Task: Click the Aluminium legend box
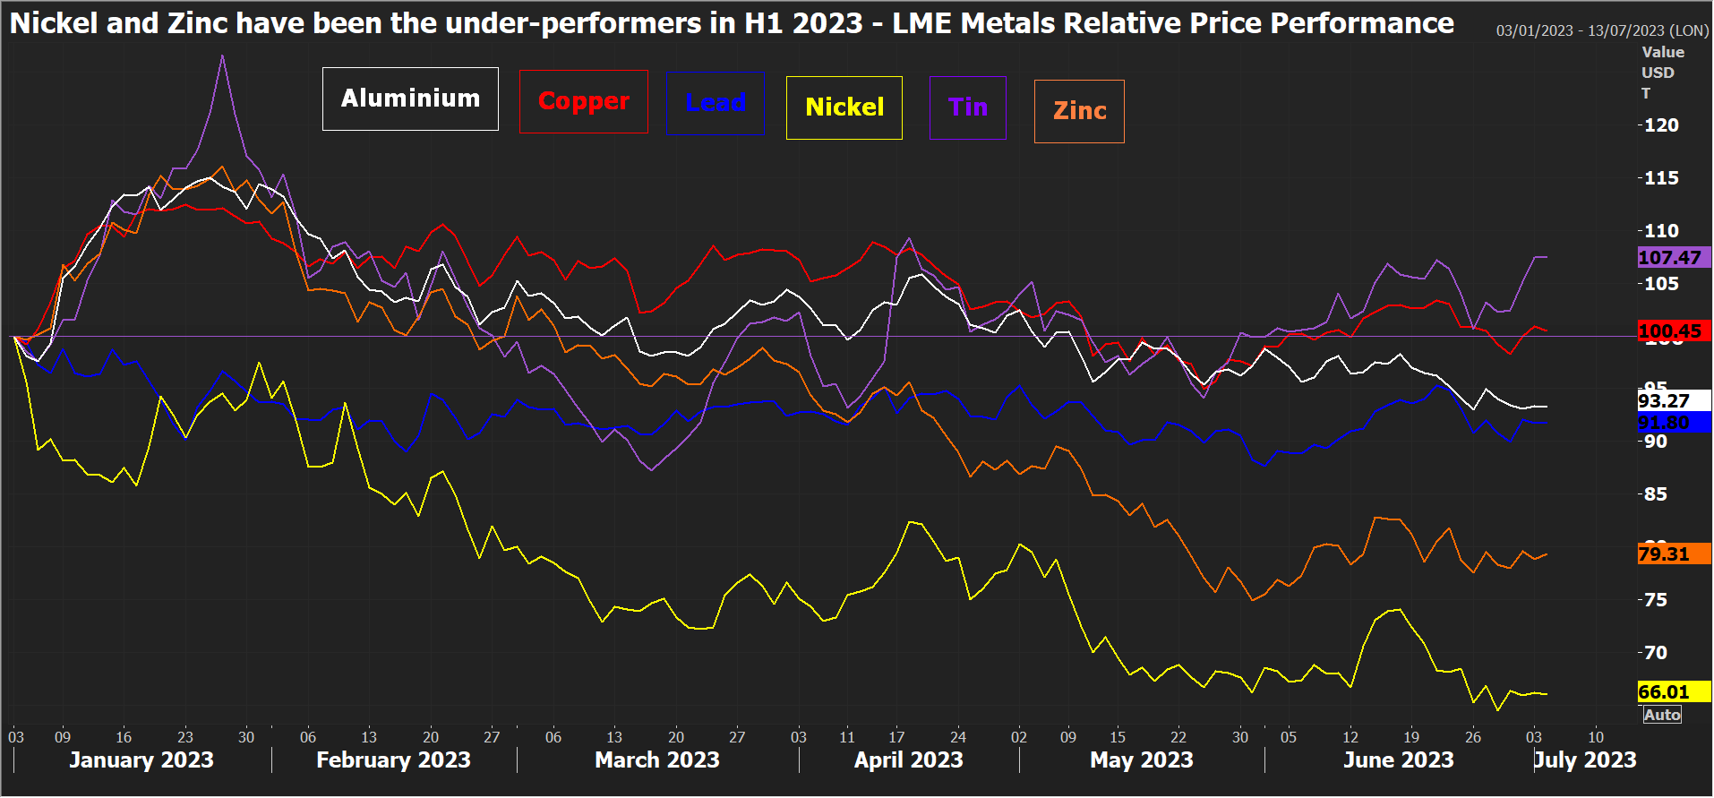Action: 410,99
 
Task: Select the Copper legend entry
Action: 583,101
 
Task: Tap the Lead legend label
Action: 715,103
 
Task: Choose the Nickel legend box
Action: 844,107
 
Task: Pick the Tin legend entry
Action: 967,107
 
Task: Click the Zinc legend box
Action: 1079,111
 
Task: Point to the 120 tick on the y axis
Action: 1661,125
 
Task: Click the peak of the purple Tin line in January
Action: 222,56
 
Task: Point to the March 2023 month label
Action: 656,760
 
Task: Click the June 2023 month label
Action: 1398,760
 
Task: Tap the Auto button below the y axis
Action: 1662,715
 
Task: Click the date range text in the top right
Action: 1602,30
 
